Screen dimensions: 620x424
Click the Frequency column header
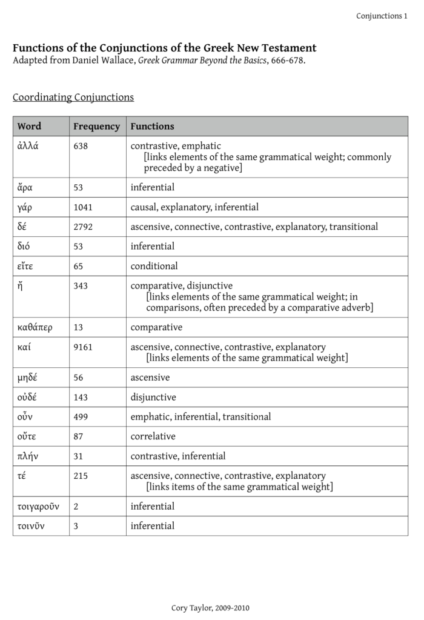(96, 127)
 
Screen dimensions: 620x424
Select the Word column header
(29, 127)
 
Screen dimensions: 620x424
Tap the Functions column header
(152, 127)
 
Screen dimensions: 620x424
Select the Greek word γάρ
(25, 207)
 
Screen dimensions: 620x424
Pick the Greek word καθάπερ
(35, 327)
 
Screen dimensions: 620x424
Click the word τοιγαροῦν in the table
(38, 506)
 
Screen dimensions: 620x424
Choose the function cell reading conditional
(154, 266)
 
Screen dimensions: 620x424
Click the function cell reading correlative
(153, 436)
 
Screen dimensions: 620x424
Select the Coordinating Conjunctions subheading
(73, 97)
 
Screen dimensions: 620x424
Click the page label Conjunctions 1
(382, 16)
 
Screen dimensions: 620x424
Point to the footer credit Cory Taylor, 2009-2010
(210, 608)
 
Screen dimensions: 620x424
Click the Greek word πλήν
(27, 456)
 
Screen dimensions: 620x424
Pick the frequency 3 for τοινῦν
(76, 526)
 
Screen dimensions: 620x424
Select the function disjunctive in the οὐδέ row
(153, 398)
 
